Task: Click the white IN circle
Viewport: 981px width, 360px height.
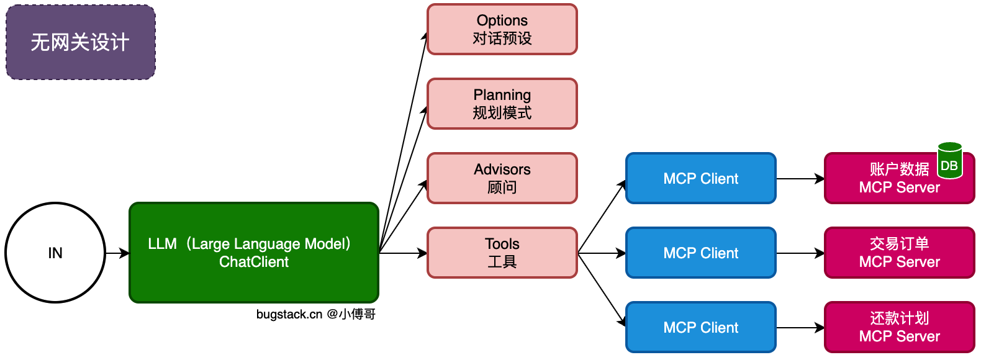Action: tap(55, 253)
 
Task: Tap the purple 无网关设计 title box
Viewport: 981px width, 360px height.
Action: tap(81, 42)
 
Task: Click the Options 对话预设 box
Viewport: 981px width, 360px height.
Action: tap(502, 29)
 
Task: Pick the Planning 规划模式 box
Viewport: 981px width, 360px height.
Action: tap(502, 104)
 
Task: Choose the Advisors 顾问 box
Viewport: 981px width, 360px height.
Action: tap(502, 178)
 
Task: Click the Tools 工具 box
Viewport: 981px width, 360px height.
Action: tap(502, 253)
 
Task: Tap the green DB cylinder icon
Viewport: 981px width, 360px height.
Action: tap(949, 161)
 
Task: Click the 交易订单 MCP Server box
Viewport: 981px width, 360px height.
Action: tap(900, 253)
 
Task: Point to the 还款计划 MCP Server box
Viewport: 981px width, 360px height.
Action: tap(900, 327)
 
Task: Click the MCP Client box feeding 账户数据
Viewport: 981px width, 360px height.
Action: tap(701, 178)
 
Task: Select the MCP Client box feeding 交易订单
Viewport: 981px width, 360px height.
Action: tap(701, 253)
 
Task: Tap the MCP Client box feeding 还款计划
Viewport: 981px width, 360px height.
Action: tap(701, 327)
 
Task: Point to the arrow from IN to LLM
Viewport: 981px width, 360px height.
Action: tap(117, 253)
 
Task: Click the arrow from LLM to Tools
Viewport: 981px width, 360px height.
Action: tap(403, 253)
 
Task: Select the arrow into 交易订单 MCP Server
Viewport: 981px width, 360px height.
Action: tap(800, 253)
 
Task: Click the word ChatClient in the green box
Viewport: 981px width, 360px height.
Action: tap(254, 262)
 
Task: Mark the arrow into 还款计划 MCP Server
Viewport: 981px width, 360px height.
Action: tap(800, 327)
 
